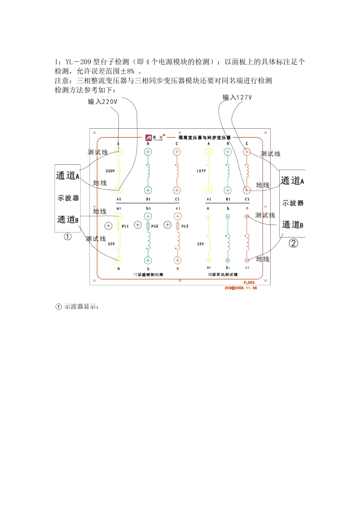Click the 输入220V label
[102, 101]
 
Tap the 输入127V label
[237, 97]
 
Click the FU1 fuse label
[125, 226]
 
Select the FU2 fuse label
[155, 226]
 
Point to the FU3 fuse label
[185, 226]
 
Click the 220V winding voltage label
[110, 171]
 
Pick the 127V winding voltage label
[201, 171]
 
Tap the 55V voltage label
[111, 244]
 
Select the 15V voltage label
[200, 244]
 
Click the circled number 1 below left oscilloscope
[67, 237]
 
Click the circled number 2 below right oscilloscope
[293, 243]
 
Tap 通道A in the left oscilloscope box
[67, 176]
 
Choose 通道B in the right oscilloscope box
[293, 225]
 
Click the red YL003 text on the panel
[249, 283]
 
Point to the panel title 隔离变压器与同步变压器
[205, 137]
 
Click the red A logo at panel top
[149, 138]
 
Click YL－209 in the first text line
[78, 62]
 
